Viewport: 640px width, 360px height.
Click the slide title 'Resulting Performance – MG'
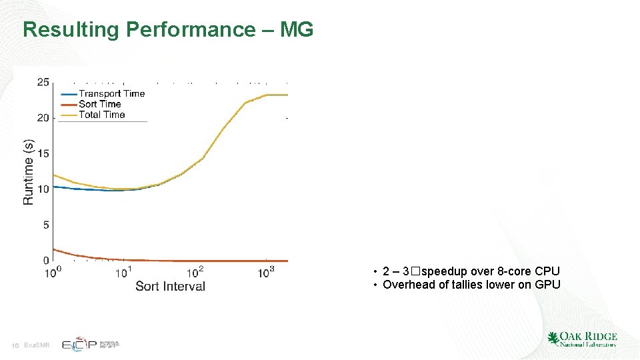(167, 30)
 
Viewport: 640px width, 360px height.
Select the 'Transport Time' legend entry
(111, 94)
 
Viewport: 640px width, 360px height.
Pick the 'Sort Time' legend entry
(99, 104)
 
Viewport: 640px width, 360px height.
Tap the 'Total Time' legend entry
(101, 115)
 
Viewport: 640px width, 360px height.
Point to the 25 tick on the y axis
(43, 82)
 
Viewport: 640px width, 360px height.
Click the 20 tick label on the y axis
(43, 118)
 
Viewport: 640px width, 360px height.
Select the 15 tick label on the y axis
(43, 154)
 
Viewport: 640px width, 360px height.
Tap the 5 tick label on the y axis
(45, 225)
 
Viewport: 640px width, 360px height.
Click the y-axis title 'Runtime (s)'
(28, 171)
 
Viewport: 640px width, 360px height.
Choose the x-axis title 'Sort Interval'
(170, 286)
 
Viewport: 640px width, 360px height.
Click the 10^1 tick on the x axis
(123, 272)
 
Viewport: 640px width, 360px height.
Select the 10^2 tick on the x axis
(195, 272)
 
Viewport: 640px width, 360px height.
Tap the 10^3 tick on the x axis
(266, 272)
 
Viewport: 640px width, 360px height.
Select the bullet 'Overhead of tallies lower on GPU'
(471, 285)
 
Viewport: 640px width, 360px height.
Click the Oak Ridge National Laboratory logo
(581, 339)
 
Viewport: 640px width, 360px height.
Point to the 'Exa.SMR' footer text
(36, 345)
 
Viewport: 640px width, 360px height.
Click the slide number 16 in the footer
(15, 345)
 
